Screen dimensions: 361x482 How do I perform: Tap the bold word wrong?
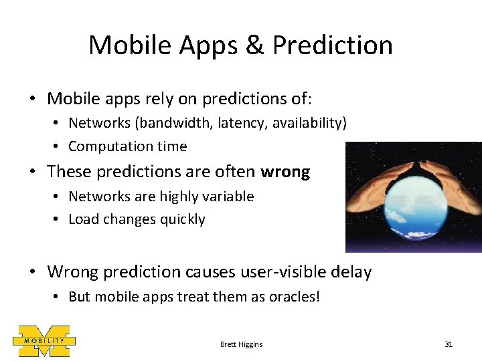coord(285,172)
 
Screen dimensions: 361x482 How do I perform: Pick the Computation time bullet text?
coord(127,146)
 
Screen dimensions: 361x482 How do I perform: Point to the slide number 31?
coord(449,344)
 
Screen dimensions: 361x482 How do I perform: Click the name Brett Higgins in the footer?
coord(241,344)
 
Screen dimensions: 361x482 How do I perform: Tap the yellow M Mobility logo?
coord(44,340)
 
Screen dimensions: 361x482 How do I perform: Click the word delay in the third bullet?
coord(351,272)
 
